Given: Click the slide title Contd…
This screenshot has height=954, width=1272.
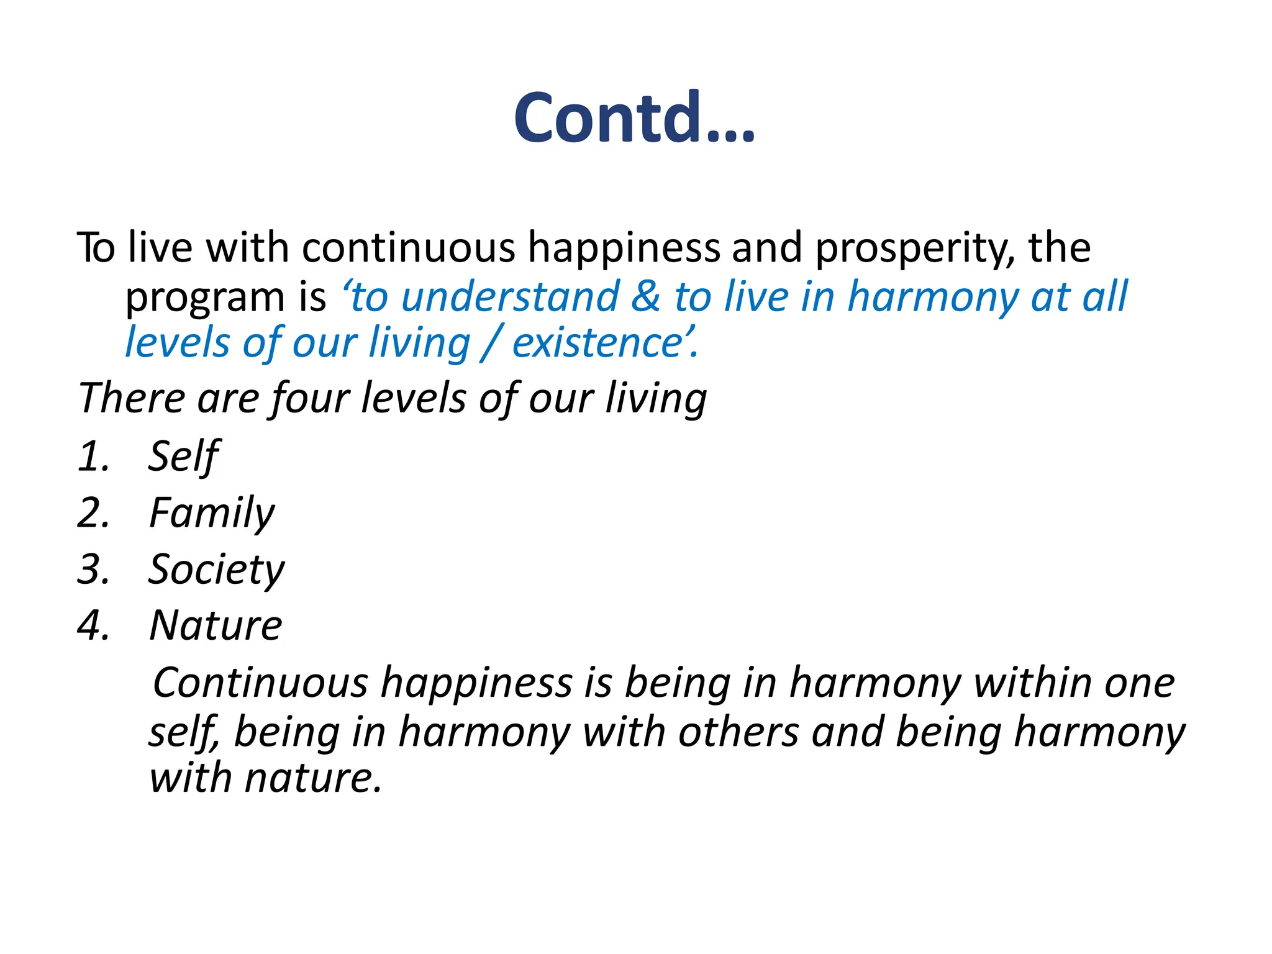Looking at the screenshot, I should [x=634, y=118].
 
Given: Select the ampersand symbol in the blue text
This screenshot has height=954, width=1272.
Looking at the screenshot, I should [x=646, y=296].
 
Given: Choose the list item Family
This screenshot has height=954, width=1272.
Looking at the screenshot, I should [x=212, y=513].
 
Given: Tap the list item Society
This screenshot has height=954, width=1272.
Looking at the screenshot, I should [x=216, y=570].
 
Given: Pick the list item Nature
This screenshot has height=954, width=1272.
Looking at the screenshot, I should [x=216, y=625].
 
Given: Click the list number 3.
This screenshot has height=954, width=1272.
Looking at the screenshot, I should [x=93, y=570].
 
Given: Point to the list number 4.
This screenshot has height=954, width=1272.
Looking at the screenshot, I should [x=93, y=625].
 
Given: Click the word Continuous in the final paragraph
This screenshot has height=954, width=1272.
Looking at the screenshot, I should [x=260, y=683].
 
